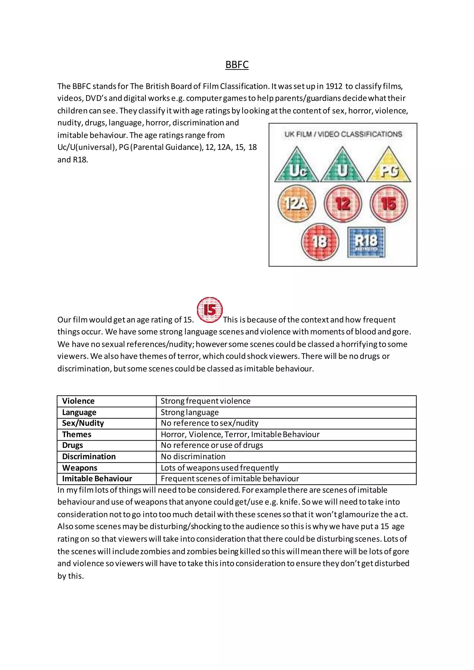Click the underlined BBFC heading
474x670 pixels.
coord(237,65)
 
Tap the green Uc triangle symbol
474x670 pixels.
coord(296,167)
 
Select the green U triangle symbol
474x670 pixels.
coord(342,167)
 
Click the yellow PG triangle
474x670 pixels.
coord(389,167)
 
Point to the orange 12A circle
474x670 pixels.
coord(296,203)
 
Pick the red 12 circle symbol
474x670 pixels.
coord(343,203)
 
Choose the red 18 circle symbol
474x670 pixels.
coord(320,242)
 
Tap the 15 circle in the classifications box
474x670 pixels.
coord(389,203)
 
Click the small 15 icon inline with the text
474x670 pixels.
coord(209,310)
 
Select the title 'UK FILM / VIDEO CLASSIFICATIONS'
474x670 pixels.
coord(343,134)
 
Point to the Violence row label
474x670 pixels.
coord(78,401)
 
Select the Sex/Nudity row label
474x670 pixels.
coord(83,423)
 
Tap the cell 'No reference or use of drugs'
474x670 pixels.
coord(212,445)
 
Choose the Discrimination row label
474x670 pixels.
coord(89,456)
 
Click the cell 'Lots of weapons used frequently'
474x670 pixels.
coord(219,468)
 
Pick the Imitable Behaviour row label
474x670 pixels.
coord(97,479)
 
